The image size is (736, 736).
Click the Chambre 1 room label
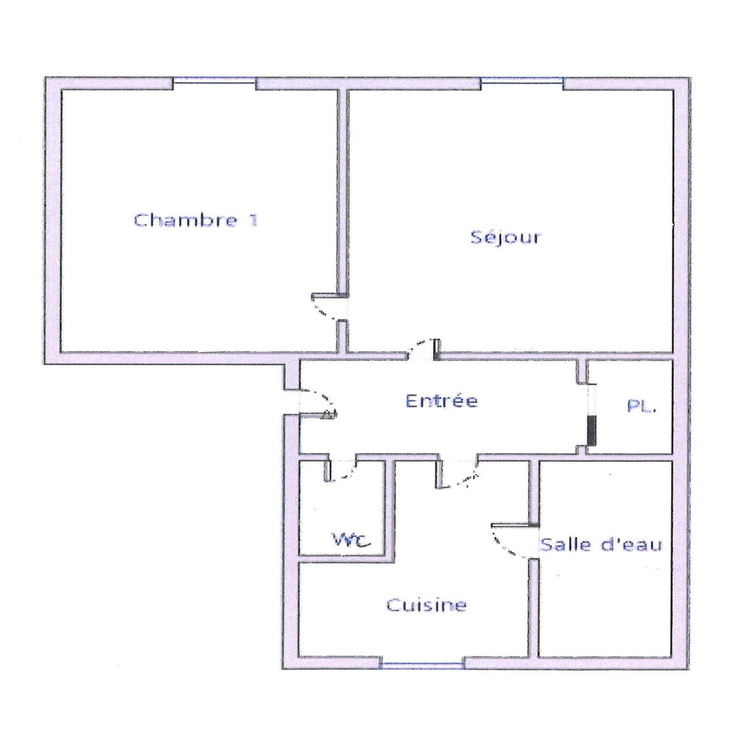point(195,220)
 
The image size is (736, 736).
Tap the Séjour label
point(506,237)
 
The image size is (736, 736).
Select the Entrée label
point(442,401)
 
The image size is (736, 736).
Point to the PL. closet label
point(641,406)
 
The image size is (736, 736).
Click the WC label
point(351,540)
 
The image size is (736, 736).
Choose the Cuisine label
point(426,605)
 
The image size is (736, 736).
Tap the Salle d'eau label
point(601,545)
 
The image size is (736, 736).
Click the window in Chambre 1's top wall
point(214,81)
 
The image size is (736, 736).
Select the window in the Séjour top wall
point(522,81)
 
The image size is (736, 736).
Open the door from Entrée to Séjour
point(423,349)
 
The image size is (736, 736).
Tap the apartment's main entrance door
point(317,403)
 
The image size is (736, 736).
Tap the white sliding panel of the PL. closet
point(592,400)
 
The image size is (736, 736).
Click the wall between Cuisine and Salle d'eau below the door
point(534,607)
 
